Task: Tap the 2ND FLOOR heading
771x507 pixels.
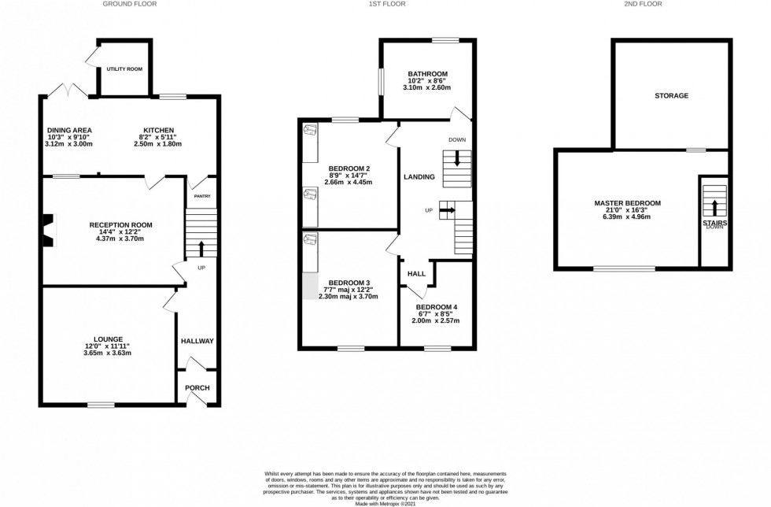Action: click(x=644, y=4)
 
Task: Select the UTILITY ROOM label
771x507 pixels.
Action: click(x=124, y=69)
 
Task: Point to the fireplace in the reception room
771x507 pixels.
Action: click(x=50, y=230)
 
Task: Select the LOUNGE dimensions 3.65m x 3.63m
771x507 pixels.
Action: click(x=109, y=353)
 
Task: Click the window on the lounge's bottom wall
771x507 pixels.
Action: click(x=101, y=405)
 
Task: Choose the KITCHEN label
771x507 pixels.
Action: click(x=158, y=130)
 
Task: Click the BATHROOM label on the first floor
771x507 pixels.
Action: click(x=428, y=73)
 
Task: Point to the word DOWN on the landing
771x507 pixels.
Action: click(x=457, y=139)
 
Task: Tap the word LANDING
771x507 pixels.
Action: click(x=419, y=176)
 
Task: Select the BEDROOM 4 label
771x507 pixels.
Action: click(x=436, y=306)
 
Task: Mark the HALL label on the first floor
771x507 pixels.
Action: click(x=416, y=274)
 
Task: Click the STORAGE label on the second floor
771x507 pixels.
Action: click(x=671, y=95)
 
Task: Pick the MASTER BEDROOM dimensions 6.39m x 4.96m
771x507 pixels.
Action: click(x=627, y=220)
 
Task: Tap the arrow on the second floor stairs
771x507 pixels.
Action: click(x=714, y=207)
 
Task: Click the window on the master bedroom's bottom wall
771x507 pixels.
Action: click(x=623, y=268)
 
